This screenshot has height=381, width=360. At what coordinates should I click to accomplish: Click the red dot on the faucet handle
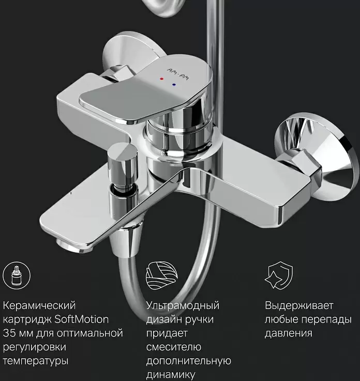[x=162, y=79]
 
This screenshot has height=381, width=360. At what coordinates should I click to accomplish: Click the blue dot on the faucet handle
[x=174, y=84]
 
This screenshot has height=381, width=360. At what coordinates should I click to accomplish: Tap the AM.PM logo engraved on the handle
[x=178, y=75]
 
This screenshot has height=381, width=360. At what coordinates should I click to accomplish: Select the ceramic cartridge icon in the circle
[x=17, y=275]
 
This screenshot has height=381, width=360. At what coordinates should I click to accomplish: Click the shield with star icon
[x=279, y=275]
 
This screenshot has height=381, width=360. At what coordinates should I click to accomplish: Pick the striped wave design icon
[x=162, y=275]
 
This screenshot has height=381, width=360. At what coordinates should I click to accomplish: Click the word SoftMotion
[x=81, y=319]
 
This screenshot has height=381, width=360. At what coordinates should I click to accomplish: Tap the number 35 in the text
[x=9, y=333]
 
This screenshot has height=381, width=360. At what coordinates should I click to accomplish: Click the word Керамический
[x=39, y=305]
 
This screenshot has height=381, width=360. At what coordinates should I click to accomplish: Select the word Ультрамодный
[x=183, y=305]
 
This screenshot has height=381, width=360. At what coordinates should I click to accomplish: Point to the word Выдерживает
[x=299, y=305]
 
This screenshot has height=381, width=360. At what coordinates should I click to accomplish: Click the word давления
[x=289, y=333]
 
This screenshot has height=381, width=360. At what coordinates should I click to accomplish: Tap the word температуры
[x=36, y=361]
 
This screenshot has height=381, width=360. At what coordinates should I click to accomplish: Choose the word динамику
[x=171, y=375]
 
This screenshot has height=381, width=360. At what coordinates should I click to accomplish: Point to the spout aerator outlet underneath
[x=73, y=246]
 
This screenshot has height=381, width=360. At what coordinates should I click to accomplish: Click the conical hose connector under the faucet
[x=126, y=239]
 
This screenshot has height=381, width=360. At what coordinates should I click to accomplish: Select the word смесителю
[x=174, y=347]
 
